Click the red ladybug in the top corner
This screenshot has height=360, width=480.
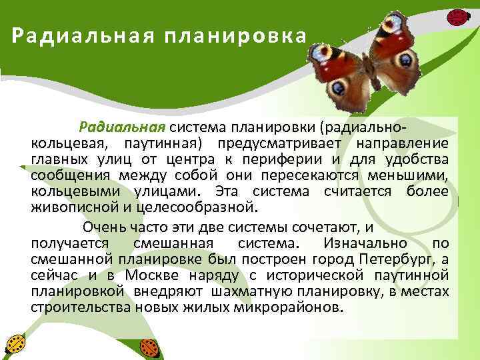(x=458, y=15)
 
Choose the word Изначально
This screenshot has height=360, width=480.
(x=361, y=243)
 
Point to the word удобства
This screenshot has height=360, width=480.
(x=417, y=159)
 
